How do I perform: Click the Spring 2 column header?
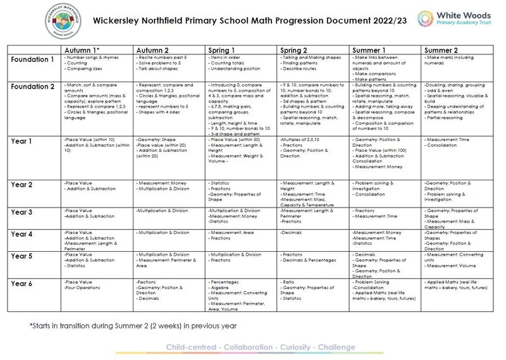tap(295, 50)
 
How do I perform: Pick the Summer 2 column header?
tap(441, 50)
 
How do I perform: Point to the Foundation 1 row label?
tap(33, 59)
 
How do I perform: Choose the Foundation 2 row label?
tap(33, 87)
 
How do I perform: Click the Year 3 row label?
tap(22, 213)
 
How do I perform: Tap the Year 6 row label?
tap(22, 284)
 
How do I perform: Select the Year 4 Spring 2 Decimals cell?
tap(314, 240)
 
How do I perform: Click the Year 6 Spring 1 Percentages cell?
tap(242, 295)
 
